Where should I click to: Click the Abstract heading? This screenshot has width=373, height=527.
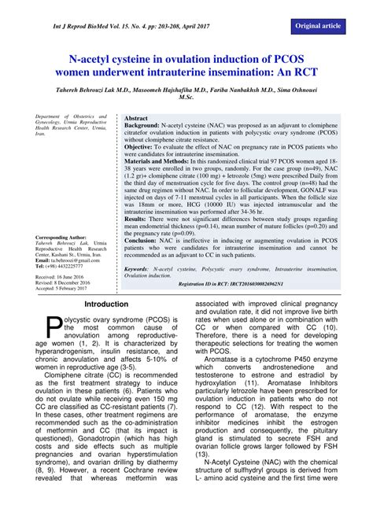point(138,116)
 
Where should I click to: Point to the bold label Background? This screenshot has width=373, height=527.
point(147,126)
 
